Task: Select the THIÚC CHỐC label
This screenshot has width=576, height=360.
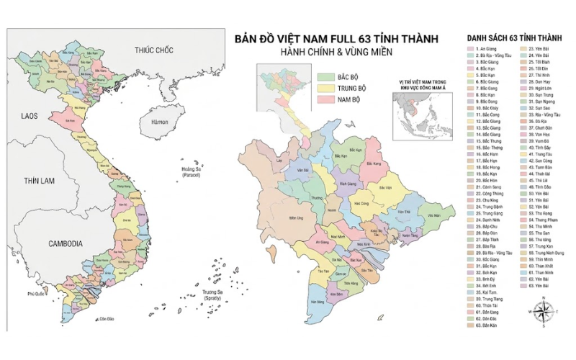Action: point(154,50)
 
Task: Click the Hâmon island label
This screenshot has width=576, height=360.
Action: point(159,122)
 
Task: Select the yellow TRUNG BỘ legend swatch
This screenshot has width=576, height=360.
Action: point(325,87)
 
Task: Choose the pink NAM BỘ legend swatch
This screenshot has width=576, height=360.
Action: point(325,99)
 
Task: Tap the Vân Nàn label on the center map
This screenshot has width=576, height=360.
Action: point(433,215)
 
